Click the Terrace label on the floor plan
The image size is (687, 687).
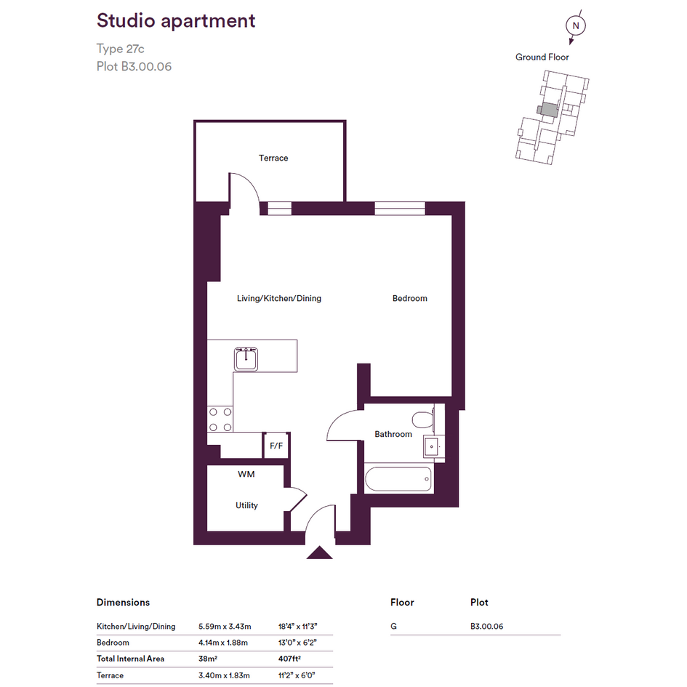pos(273,158)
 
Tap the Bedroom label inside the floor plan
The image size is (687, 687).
pos(410,298)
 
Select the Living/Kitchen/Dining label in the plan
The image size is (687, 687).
pos(279,298)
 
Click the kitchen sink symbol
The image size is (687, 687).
pos(246,359)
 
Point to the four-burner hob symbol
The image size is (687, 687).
pos(220,419)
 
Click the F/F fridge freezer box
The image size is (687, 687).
pos(276,446)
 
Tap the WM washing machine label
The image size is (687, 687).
pos(246,474)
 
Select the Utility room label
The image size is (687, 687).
pos(246,505)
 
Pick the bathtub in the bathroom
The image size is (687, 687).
pos(398,479)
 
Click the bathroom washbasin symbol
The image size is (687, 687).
pos(432,447)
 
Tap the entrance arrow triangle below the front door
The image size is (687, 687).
pos(319,553)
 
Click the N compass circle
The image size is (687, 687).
pos(576,26)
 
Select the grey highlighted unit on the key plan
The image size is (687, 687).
pos(550,110)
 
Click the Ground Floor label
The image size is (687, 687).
pos(542,57)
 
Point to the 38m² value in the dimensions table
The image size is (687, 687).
pos(208,659)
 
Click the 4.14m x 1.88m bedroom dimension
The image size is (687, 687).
pos(223,643)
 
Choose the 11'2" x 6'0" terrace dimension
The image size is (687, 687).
pos(297,675)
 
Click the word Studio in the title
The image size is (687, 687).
pos(126,20)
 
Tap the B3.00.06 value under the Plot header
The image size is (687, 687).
pos(487,627)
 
